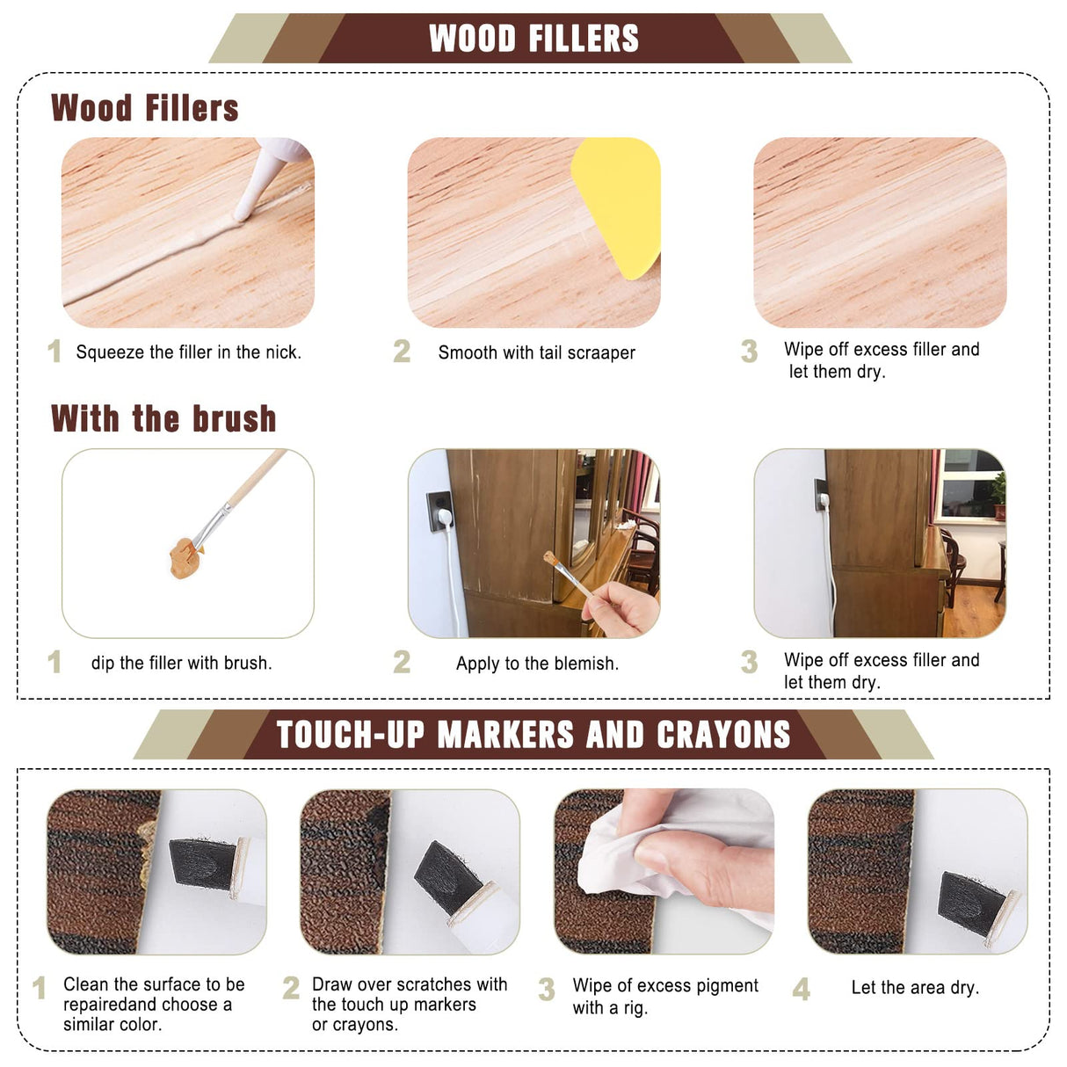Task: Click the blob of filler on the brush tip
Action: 185,557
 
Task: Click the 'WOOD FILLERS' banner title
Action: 533,39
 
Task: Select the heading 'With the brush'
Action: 163,418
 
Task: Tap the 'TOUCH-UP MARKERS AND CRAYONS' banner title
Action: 533,735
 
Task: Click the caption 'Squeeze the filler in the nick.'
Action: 188,352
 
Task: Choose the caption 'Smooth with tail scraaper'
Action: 536,352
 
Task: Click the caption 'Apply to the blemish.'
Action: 537,664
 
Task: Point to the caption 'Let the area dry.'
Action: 915,988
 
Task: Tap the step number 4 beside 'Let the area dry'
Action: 801,990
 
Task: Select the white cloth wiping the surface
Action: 628,848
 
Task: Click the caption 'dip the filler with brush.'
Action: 181,663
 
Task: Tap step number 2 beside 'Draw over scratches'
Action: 291,988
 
